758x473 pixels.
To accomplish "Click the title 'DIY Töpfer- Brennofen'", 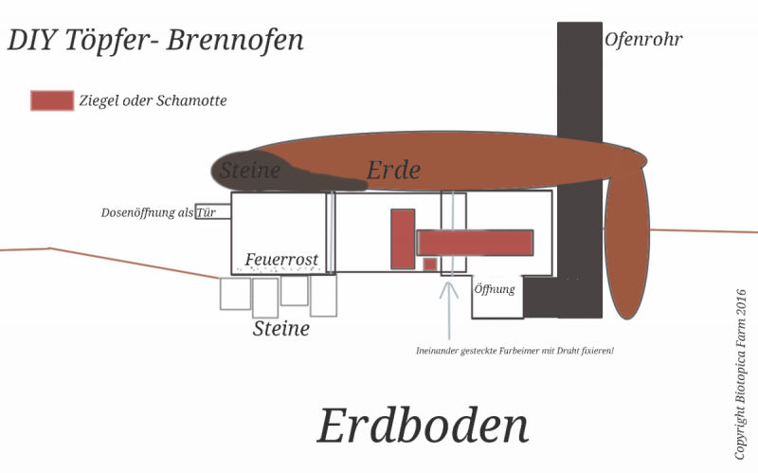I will click(155, 42).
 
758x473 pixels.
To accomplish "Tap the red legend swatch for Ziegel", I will click(52, 100).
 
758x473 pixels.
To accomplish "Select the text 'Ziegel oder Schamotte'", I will click(153, 100).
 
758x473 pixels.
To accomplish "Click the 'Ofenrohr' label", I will click(643, 40).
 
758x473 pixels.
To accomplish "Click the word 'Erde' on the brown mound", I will click(393, 171).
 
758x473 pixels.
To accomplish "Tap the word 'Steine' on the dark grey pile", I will click(250, 172).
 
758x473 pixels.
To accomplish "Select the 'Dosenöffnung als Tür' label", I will click(165, 212).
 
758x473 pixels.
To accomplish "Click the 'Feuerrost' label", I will click(281, 260).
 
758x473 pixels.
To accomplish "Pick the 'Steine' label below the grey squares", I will click(281, 329).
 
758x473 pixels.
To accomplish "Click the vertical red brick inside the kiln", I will click(403, 238).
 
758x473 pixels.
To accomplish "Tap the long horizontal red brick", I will click(475, 243).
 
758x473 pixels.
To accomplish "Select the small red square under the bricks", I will click(430, 264).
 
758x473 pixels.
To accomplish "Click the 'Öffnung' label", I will click(495, 289).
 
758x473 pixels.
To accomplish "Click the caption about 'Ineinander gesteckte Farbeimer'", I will click(514, 351).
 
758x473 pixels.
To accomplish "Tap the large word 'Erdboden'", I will click(422, 426).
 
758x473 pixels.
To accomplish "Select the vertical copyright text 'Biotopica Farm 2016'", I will click(741, 374).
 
